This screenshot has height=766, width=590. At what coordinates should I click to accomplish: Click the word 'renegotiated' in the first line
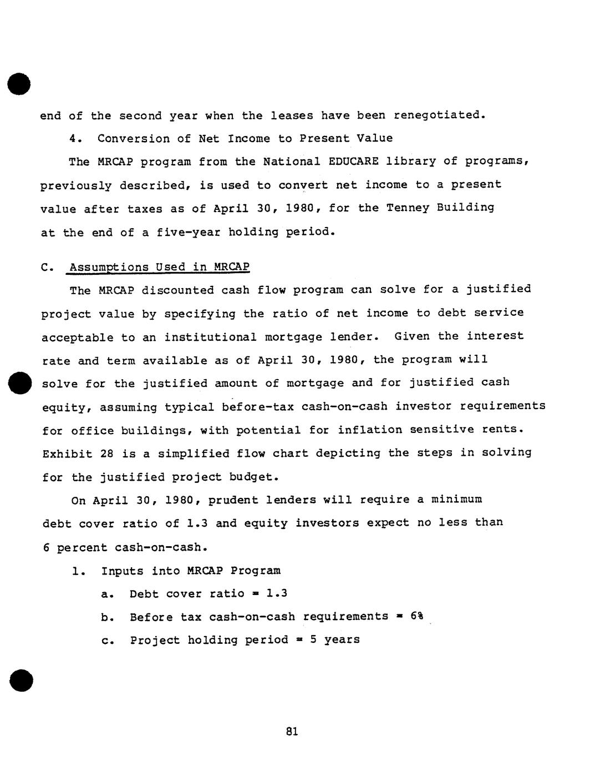point(439,115)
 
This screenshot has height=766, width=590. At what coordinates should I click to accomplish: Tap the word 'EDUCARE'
point(353,162)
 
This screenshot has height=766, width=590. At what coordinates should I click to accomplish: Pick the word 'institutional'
point(210,337)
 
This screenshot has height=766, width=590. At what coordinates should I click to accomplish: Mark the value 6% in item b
point(417,617)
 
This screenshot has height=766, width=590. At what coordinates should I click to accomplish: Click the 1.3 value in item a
point(277,593)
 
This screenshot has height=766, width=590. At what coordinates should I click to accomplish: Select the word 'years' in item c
point(342,640)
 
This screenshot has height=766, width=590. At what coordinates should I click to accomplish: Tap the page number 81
point(292,732)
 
